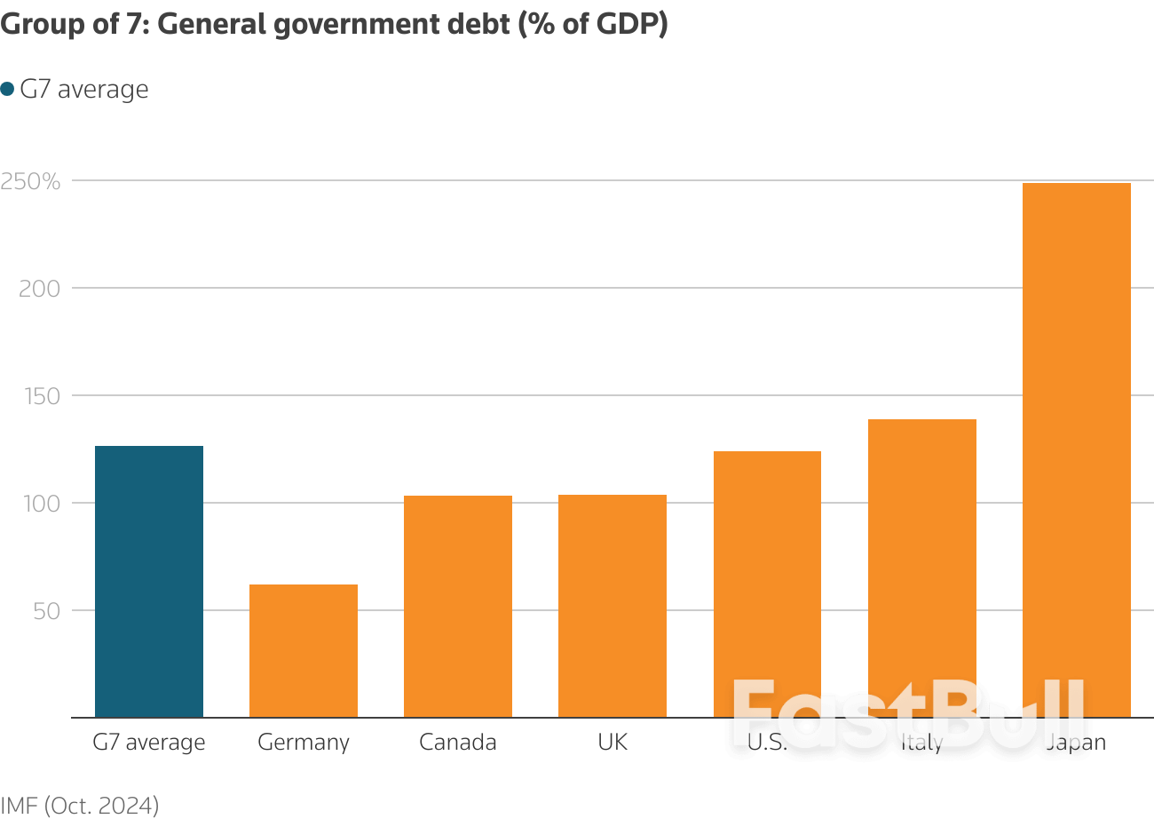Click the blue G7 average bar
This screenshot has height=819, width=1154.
149,582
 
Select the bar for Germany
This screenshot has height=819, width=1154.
304,651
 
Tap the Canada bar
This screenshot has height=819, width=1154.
458,607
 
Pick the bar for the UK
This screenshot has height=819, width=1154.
613,606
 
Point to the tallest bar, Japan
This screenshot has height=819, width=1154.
1076,444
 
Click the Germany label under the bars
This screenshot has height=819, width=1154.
304,743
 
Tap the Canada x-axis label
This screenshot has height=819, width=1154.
458,742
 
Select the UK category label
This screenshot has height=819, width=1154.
613,742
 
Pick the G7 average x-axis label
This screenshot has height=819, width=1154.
149,742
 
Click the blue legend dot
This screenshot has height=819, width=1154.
8,89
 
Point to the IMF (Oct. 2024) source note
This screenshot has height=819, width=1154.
80,805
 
